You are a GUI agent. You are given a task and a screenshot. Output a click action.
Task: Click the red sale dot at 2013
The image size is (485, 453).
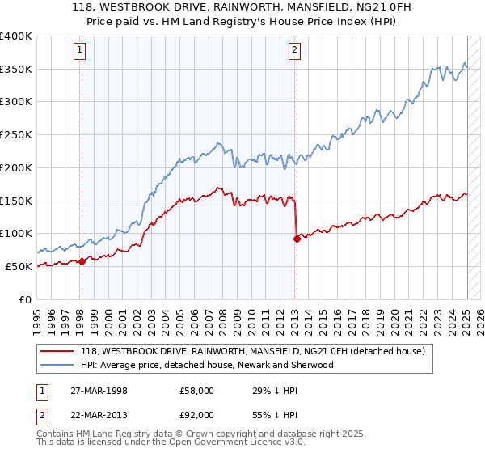point(297,238)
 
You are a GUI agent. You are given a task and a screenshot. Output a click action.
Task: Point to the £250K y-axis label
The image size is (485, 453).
point(16,134)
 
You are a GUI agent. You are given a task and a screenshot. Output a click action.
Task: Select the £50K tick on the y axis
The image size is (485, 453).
point(19,266)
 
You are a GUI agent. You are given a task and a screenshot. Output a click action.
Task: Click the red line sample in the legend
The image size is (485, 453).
point(58,351)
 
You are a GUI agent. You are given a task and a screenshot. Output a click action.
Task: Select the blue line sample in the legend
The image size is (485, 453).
point(58,365)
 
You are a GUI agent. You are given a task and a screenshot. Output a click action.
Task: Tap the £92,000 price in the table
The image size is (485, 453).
point(197,417)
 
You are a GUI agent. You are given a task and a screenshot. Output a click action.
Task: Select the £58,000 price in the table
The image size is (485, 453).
point(197,391)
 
